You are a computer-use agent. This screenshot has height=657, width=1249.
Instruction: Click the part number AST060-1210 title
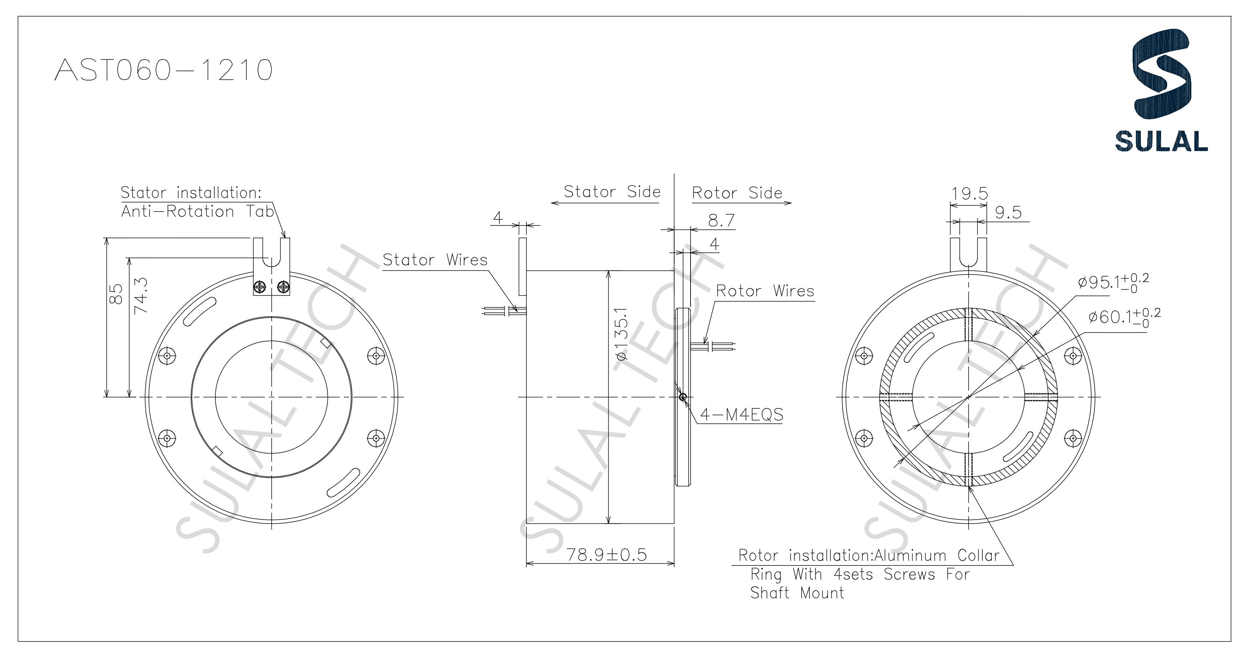coord(163,71)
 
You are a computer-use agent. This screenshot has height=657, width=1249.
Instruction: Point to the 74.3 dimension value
coord(141,294)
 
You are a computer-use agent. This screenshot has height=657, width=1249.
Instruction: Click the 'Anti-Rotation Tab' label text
coord(197,212)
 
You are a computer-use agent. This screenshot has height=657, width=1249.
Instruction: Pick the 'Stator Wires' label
coord(435,260)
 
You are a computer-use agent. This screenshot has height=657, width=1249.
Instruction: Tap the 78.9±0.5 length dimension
coord(607,554)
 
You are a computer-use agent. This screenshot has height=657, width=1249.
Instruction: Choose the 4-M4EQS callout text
coord(741,415)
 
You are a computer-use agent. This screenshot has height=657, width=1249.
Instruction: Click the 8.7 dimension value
coord(721,221)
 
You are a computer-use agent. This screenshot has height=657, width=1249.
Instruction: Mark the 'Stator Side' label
coord(612,192)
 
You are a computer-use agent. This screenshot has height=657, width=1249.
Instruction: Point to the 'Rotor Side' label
coord(737,193)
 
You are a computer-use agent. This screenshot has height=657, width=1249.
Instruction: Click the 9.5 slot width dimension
coord(1008,213)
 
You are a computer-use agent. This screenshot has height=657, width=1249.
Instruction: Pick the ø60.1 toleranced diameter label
coord(1124,317)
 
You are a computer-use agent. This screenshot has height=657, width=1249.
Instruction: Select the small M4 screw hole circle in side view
coord(683,397)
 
